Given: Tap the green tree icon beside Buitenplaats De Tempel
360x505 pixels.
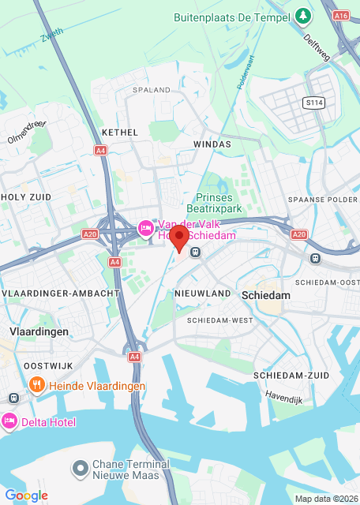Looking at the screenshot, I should pos(304,15).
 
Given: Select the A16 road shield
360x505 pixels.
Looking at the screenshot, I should pos(341,15).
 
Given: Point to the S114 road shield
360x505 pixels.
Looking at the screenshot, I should pos(314,102).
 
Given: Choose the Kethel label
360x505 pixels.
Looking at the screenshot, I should pos(120,133).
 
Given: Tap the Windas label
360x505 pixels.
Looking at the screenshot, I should pos(212,144).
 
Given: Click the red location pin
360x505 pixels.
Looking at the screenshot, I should pos(180,238).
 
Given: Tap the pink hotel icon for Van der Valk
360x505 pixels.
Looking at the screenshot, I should pos(145,229).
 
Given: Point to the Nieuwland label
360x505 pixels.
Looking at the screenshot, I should pos(203,294).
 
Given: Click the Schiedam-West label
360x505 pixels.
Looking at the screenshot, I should pos(220,320).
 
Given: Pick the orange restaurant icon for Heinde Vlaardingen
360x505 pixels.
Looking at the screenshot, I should pos(36,385).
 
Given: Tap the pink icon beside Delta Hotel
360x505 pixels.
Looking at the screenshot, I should pos(9,422).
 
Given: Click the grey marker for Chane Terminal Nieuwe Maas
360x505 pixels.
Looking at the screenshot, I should pos(80,469).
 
